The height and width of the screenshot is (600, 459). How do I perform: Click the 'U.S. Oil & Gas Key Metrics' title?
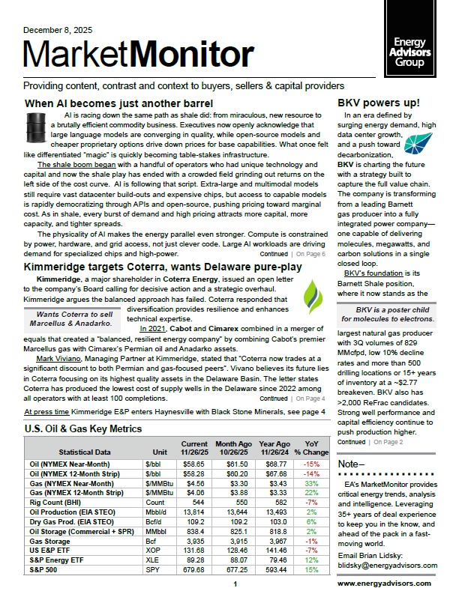[82, 429]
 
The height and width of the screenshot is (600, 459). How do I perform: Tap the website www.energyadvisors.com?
[384, 583]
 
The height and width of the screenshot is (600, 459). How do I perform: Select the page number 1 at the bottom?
[235, 584]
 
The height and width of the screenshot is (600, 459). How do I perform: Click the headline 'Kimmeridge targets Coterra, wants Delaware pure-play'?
[160, 267]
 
